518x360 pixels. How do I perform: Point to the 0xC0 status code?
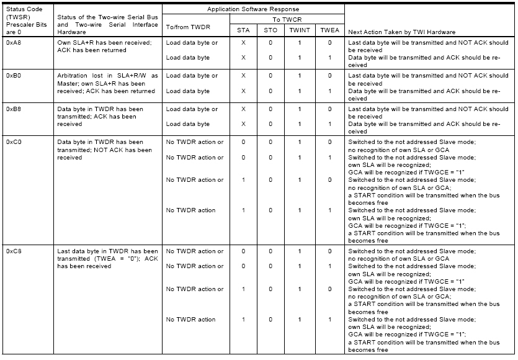coord(13,143)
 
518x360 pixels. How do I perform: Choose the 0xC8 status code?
coord(13,252)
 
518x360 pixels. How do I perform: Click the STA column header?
coord(243,30)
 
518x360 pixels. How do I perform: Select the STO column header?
coord(270,30)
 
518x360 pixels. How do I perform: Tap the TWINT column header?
coord(299,30)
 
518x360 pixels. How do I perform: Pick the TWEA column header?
coord(329,30)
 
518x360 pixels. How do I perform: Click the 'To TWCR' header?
coord(287,19)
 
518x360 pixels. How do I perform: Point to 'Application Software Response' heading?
coord(253,9)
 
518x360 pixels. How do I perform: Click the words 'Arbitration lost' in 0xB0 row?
coord(77,76)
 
